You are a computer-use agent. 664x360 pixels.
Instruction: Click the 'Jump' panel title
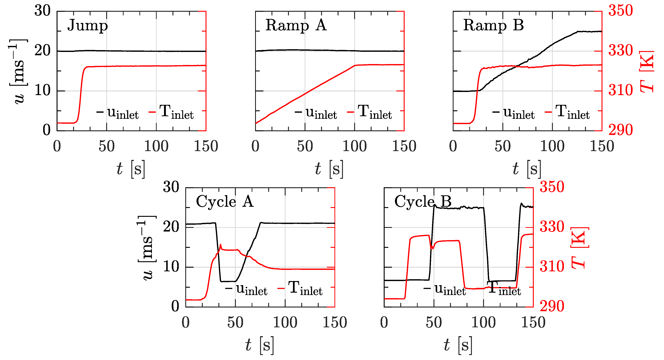click(87, 26)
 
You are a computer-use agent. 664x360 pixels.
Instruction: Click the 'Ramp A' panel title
click(296, 26)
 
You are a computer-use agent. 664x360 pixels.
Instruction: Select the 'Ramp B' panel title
click(493, 26)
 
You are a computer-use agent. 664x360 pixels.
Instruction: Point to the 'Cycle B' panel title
click(423, 202)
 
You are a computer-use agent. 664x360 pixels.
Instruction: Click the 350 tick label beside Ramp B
click(620, 11)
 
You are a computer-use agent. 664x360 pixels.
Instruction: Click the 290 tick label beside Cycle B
click(552, 306)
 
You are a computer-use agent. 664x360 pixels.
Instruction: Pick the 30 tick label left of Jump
click(43, 11)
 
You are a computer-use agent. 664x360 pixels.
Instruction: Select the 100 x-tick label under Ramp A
click(355, 146)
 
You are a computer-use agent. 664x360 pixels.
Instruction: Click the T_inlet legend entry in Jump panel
click(176, 112)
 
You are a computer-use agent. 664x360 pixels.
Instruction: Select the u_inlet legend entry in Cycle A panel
click(251, 289)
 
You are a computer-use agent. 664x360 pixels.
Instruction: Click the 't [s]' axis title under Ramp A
click(329, 169)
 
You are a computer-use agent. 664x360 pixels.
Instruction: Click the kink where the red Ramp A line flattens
click(355, 66)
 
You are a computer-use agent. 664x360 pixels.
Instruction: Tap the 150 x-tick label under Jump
click(206, 146)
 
